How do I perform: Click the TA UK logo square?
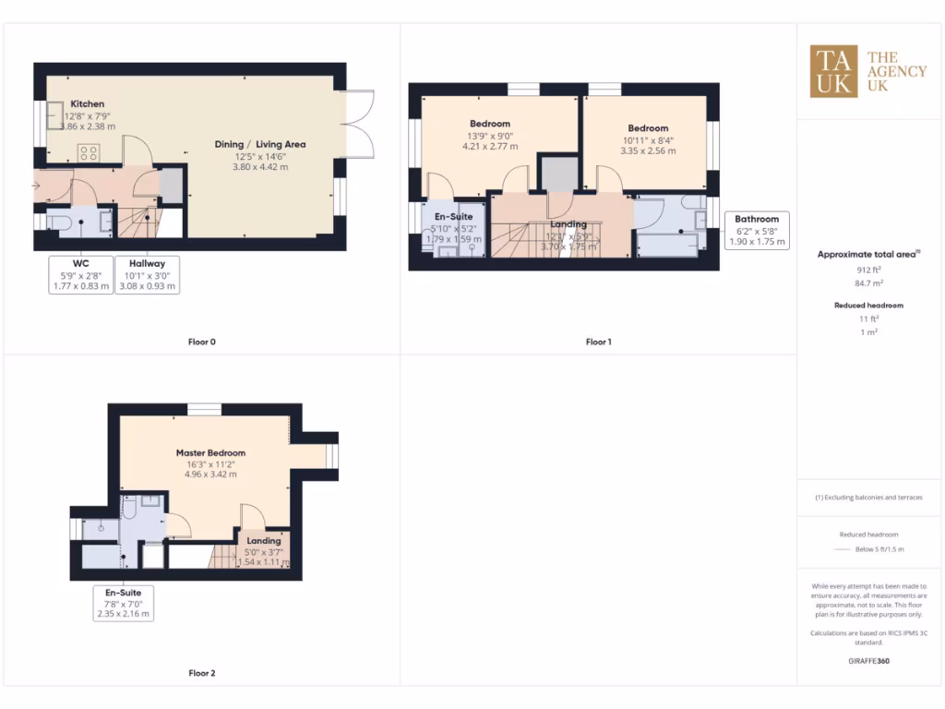(x=833, y=72)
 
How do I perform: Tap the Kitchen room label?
(x=88, y=104)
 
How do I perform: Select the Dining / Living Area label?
(x=259, y=144)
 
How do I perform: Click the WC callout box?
(x=80, y=275)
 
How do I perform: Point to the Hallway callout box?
(x=147, y=275)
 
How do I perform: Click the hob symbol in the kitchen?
(x=89, y=152)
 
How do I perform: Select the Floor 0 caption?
(x=201, y=342)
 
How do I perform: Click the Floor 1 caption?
(x=598, y=342)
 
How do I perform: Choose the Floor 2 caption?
(x=201, y=673)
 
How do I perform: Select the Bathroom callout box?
(x=757, y=231)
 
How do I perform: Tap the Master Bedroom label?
(x=210, y=453)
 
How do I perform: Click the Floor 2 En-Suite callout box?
(x=123, y=603)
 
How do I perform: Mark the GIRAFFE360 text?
(x=868, y=661)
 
